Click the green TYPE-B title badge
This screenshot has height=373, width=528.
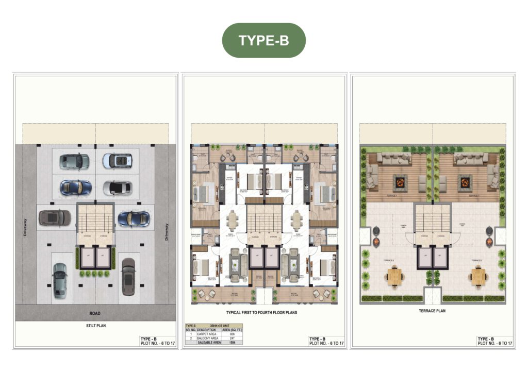pos(263,40)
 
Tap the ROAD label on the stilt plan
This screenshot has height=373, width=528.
pos(94,313)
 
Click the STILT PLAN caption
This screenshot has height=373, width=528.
pos(94,326)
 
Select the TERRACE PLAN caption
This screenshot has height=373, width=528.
pos(432,311)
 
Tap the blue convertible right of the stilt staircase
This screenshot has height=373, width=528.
pos(133,218)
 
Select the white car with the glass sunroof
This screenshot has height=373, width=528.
pos(117,161)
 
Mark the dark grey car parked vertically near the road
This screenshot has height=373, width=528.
pos(128,276)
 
